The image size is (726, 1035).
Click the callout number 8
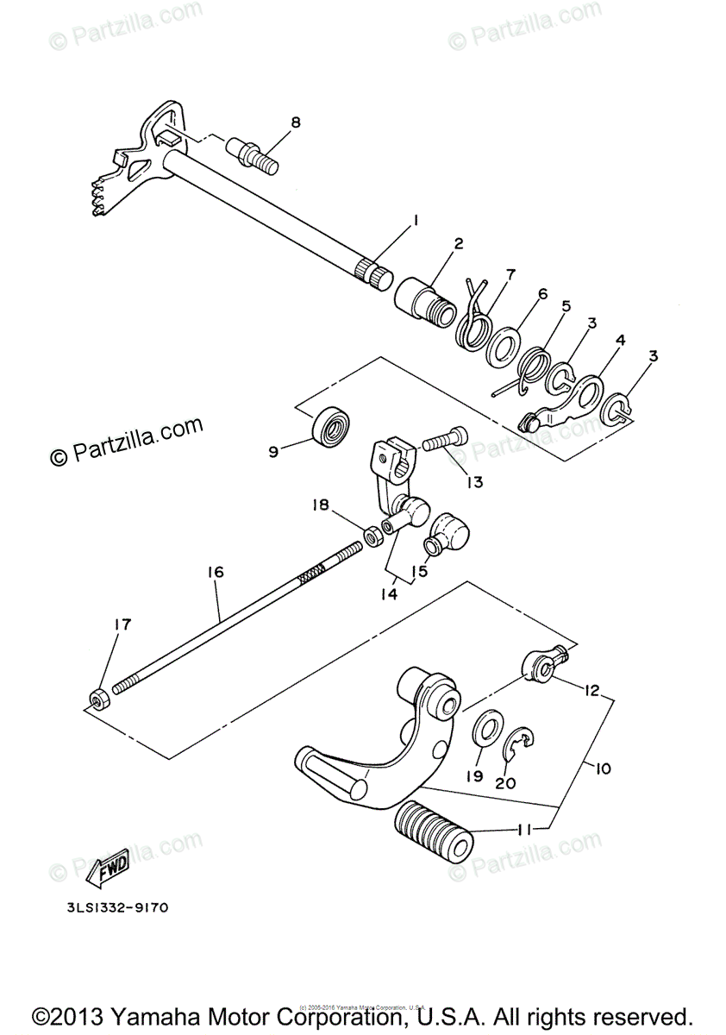coord(296,122)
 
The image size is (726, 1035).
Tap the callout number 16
coord(215,572)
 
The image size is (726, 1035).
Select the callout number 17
coord(123,624)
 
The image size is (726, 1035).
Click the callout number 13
coord(475,482)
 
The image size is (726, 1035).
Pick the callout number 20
coord(505,782)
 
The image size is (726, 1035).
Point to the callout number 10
coord(602,767)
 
